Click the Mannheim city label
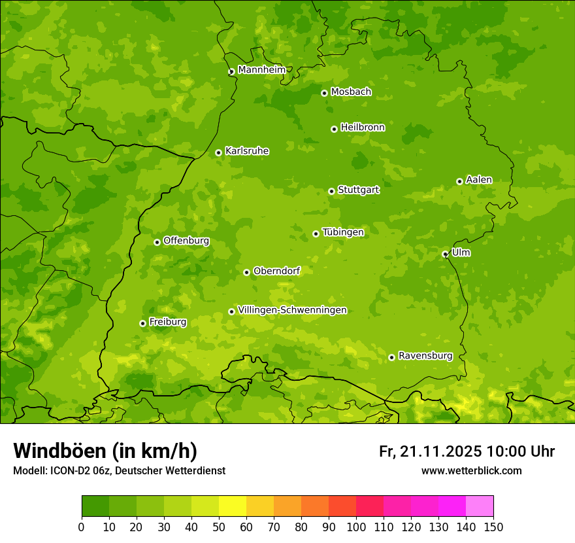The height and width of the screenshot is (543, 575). click(261, 70)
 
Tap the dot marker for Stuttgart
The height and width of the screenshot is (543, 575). click(331, 191)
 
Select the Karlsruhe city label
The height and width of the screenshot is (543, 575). click(246, 151)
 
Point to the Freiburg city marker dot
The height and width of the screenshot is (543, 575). click(142, 323)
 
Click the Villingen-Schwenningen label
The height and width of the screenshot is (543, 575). click(292, 310)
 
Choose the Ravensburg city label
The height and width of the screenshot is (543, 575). click(425, 356)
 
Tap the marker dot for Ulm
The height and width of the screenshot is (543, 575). click(445, 254)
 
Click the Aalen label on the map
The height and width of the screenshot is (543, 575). click(478, 180)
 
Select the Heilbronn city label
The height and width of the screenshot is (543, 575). click(363, 128)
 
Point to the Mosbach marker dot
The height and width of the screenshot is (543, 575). click(324, 93)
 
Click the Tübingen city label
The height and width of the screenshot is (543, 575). click(342, 232)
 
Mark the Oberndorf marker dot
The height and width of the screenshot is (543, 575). click(246, 272)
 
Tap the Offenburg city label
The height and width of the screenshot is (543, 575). click(186, 241)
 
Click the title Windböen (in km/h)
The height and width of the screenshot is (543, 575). click(105, 451)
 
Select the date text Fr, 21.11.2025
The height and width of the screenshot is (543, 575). click(430, 451)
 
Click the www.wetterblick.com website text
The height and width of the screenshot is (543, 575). click(471, 470)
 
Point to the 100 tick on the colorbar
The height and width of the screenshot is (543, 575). click(356, 527)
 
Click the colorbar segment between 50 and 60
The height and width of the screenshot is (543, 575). click(233, 506)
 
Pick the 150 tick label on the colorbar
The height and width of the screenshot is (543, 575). click(493, 527)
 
